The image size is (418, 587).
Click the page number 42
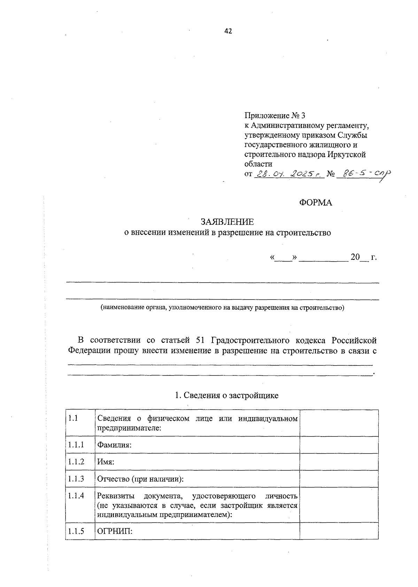228,31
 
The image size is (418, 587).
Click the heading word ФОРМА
316,203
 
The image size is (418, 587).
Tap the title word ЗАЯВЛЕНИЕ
227,222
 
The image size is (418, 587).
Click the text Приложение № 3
274,115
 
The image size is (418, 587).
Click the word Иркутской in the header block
347,154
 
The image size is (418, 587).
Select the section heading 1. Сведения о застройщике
226,395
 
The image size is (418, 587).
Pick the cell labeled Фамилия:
114,445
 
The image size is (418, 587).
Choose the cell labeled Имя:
106,462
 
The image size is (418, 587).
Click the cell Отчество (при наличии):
140,479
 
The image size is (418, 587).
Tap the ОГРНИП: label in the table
115,531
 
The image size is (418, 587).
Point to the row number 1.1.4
76,495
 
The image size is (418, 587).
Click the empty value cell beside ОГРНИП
339,531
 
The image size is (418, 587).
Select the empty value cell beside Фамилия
339,445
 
